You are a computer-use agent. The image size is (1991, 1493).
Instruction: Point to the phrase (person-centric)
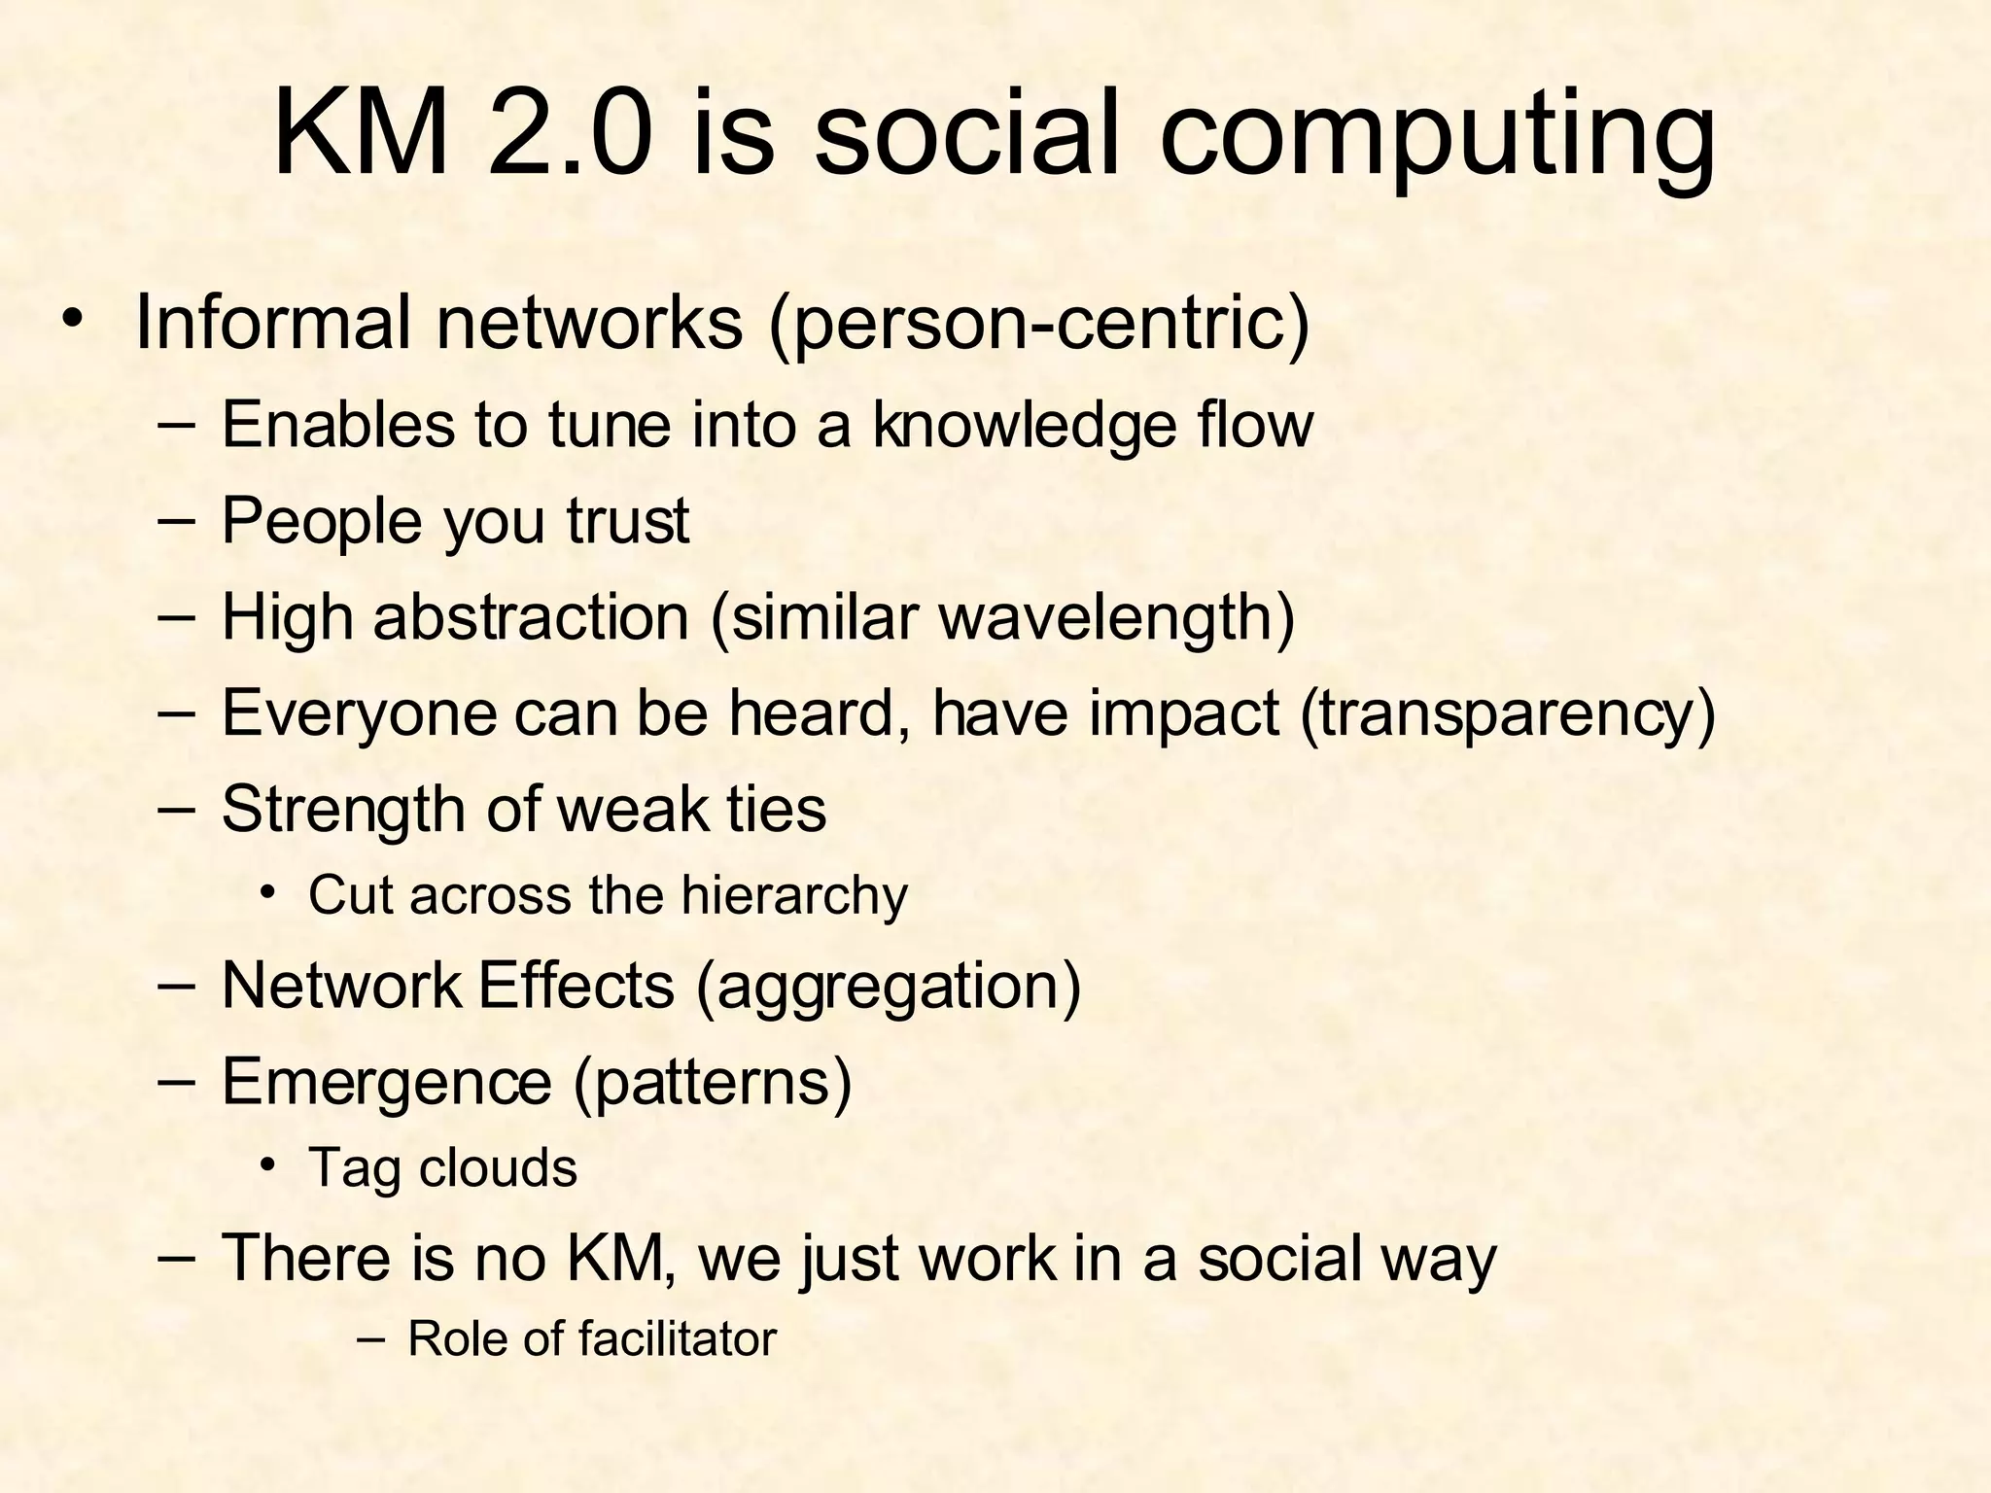point(1038,324)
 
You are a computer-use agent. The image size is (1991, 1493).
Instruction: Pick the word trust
point(628,520)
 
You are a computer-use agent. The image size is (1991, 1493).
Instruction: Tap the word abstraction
point(531,616)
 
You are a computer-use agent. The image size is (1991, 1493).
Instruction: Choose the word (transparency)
point(1507,713)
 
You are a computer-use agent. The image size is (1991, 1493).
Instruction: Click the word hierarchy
point(793,895)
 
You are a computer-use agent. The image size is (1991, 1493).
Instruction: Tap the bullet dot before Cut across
point(268,891)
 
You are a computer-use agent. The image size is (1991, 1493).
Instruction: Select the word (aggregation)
point(888,986)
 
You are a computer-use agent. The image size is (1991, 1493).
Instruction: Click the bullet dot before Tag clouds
point(268,1164)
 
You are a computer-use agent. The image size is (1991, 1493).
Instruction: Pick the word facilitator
point(678,1338)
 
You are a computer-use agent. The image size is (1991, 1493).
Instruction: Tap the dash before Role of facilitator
point(370,1339)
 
